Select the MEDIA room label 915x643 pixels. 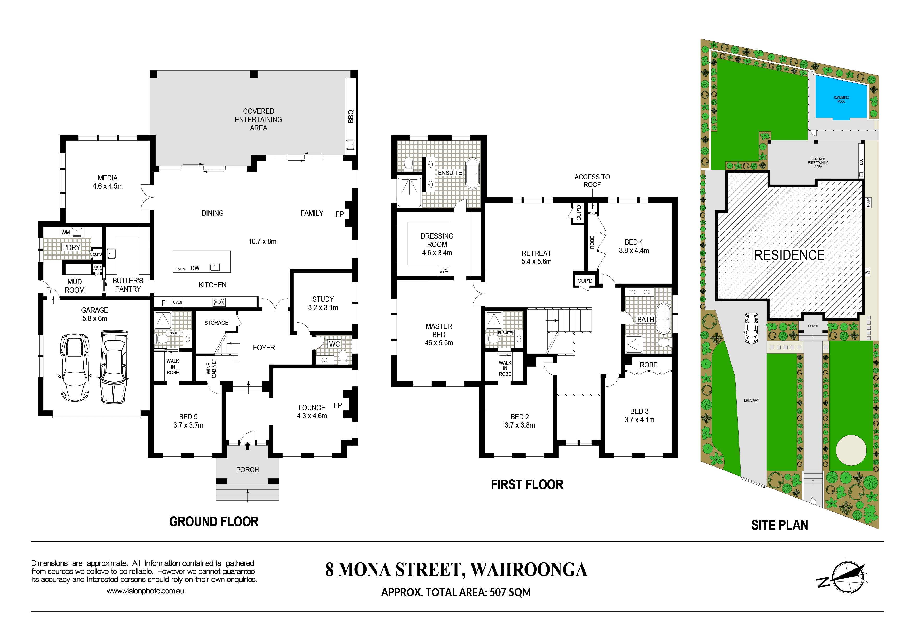(x=108, y=178)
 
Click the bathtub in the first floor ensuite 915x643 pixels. (x=473, y=174)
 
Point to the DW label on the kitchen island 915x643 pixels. (x=195, y=268)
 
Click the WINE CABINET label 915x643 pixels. (x=211, y=368)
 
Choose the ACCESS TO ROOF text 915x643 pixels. (x=592, y=181)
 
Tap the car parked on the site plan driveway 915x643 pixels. (x=752, y=328)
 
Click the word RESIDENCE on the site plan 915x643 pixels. (x=789, y=255)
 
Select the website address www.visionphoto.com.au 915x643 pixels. (x=145, y=591)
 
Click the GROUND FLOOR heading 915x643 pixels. (x=214, y=521)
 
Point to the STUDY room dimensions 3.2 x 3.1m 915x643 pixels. (x=323, y=307)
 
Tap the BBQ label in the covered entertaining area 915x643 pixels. (x=351, y=116)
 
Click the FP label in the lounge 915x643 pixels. (x=338, y=405)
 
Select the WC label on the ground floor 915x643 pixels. (x=335, y=344)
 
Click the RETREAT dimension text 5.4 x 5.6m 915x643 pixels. (x=536, y=262)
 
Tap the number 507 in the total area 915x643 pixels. (x=498, y=592)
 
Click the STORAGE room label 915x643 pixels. (x=216, y=323)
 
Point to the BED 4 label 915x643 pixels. (x=634, y=242)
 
